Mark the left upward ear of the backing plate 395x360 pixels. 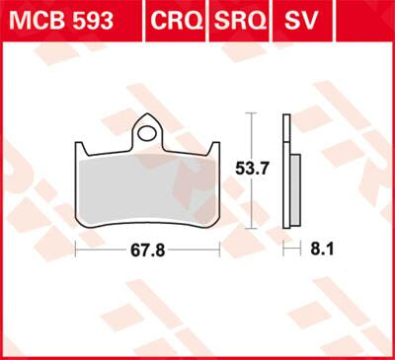[x=82, y=148]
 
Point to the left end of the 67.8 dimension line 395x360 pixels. [x=77, y=251]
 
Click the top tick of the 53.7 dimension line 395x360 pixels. [x=252, y=114]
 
